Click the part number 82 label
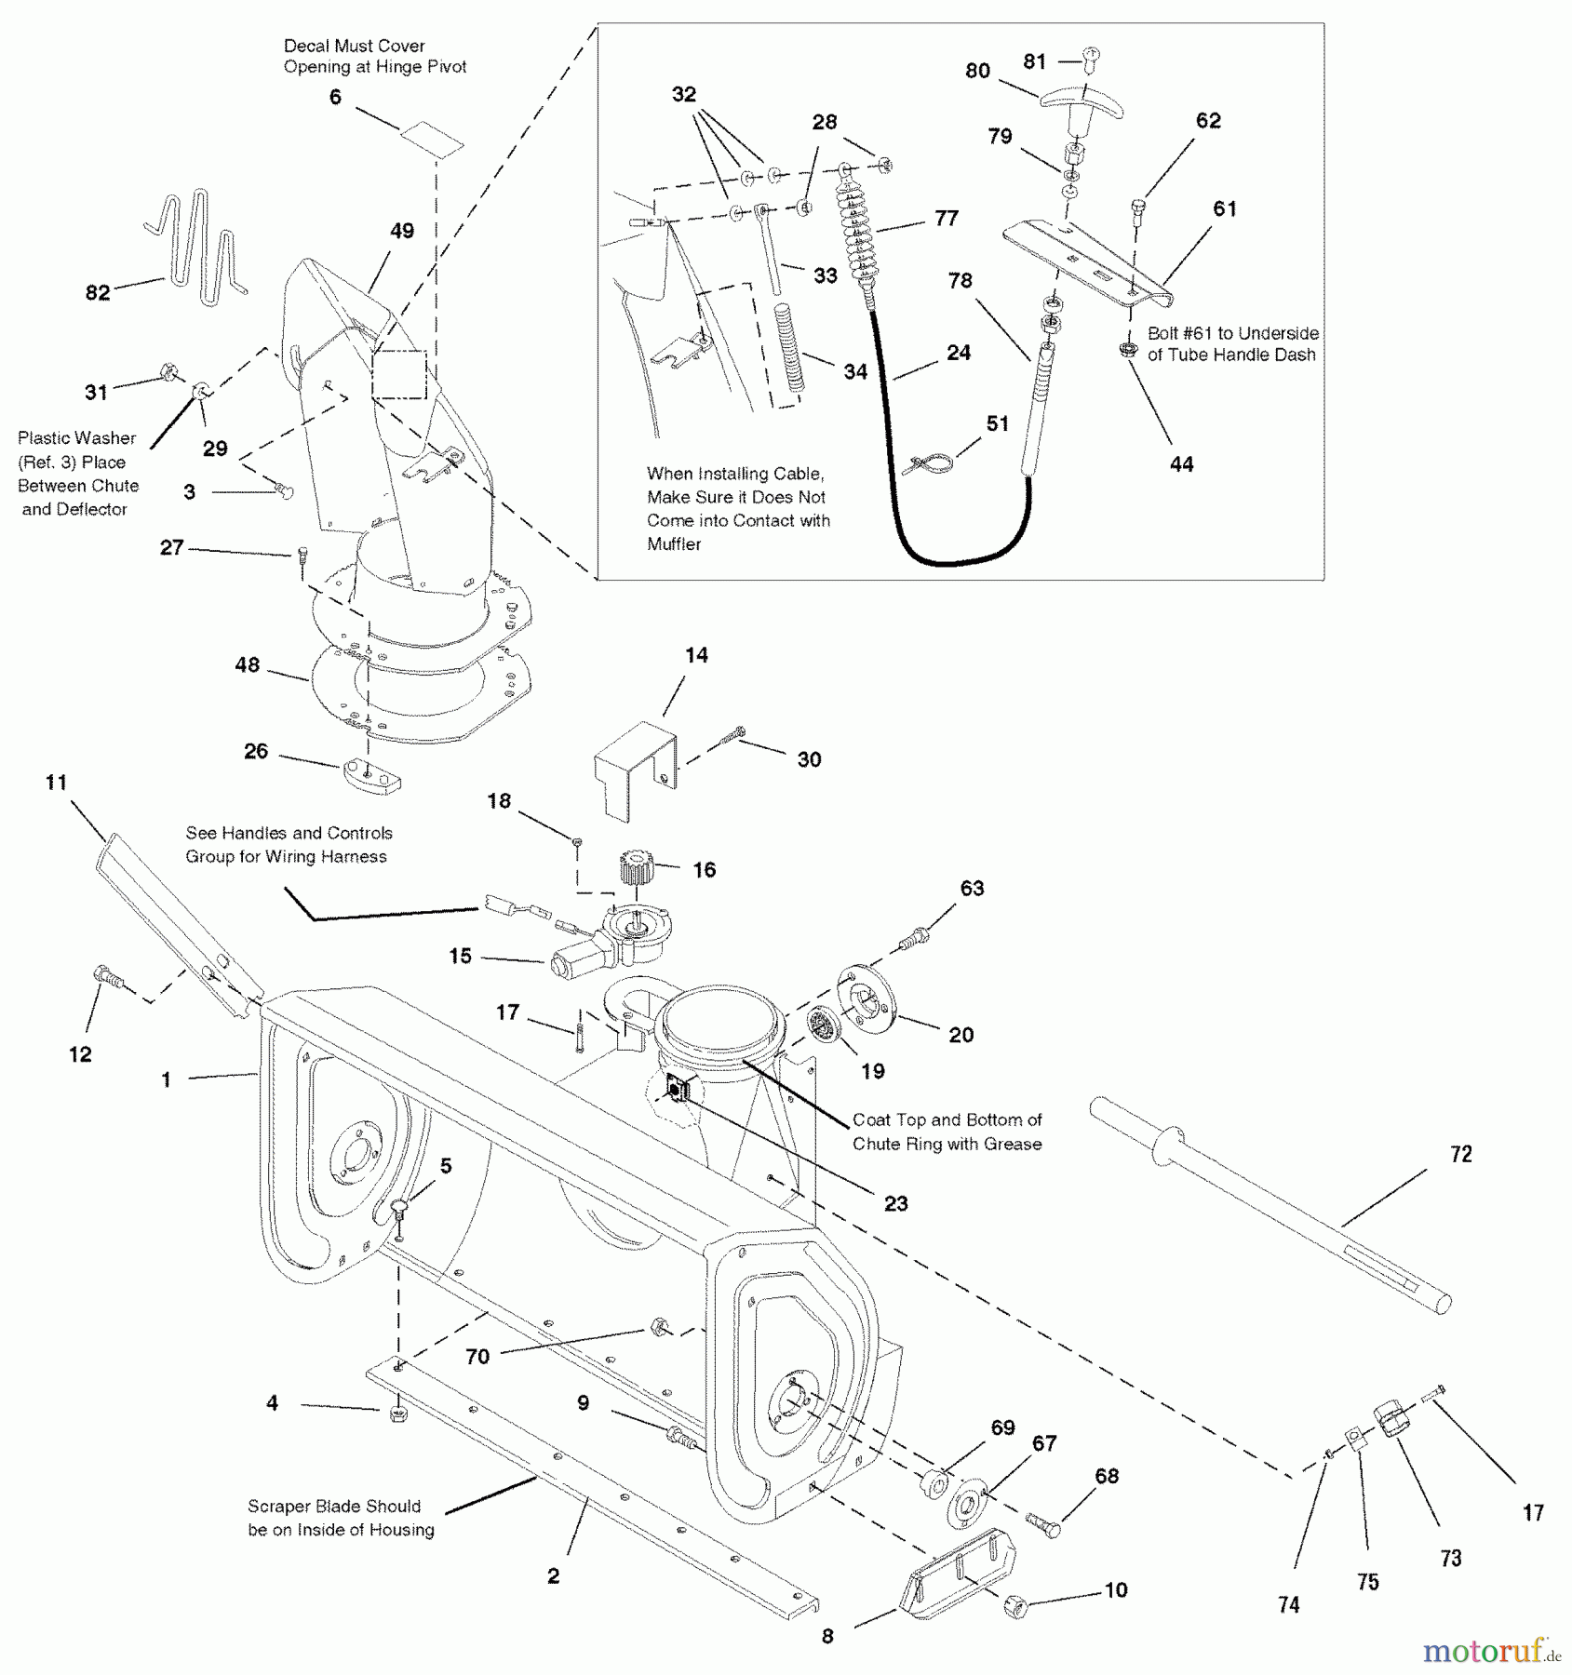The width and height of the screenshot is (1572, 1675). coord(98,292)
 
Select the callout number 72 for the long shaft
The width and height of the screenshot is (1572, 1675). coord(1461,1154)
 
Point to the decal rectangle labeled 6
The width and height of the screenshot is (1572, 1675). coord(432,138)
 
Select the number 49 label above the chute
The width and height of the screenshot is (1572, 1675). coord(402,231)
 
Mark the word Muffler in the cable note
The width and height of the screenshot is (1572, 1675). coord(674,544)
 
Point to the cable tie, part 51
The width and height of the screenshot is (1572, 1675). coord(926,462)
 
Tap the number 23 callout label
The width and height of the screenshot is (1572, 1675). coord(895,1203)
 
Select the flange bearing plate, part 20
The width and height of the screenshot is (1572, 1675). coord(865,1001)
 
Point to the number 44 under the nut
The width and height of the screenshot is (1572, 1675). coord(1181,463)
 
